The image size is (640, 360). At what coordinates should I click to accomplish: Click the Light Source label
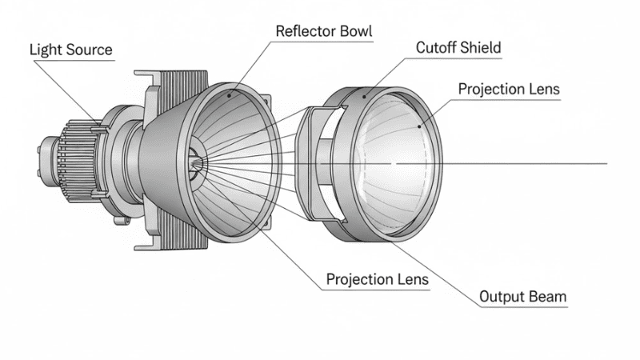tap(71, 50)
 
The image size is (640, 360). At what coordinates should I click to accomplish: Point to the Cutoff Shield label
tap(458, 48)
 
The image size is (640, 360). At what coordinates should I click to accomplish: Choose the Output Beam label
tap(522, 298)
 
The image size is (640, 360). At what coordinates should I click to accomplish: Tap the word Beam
tap(548, 298)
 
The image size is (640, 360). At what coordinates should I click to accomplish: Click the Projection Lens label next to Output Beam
tap(377, 280)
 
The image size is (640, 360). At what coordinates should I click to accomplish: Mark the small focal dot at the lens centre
tap(393, 163)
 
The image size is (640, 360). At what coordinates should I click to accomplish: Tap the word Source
tap(90, 50)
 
